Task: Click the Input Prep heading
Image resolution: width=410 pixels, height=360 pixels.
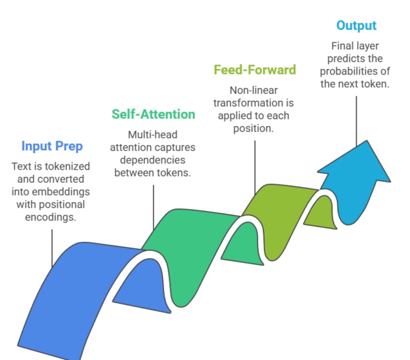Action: click(52, 146)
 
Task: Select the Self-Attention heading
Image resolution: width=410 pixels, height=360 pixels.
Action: click(153, 114)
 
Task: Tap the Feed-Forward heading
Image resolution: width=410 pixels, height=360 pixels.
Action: click(255, 70)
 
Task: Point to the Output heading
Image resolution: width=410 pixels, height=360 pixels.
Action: click(356, 25)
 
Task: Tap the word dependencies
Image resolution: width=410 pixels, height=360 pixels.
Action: click(153, 160)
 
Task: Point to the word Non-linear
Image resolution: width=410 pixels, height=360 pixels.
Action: click(255, 90)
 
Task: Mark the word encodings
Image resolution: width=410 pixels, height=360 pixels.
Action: click(52, 216)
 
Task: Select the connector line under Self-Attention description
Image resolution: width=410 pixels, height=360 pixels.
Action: click(153, 206)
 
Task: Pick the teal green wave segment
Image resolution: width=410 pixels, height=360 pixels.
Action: click(185, 248)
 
